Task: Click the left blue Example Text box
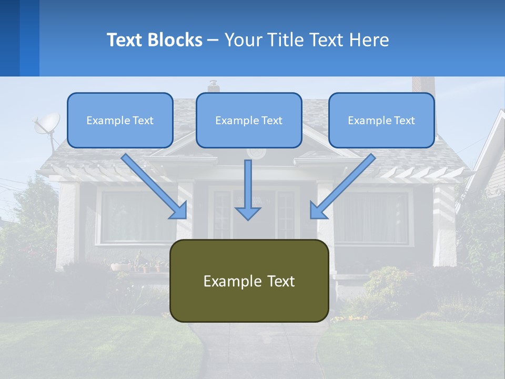tap(120, 120)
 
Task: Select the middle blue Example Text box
tap(249, 120)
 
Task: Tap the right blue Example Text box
tap(381, 120)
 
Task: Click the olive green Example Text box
tap(249, 281)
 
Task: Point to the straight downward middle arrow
tap(248, 189)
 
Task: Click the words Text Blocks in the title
tap(154, 40)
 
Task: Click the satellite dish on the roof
tap(46, 124)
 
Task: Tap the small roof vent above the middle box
tap(213, 86)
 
